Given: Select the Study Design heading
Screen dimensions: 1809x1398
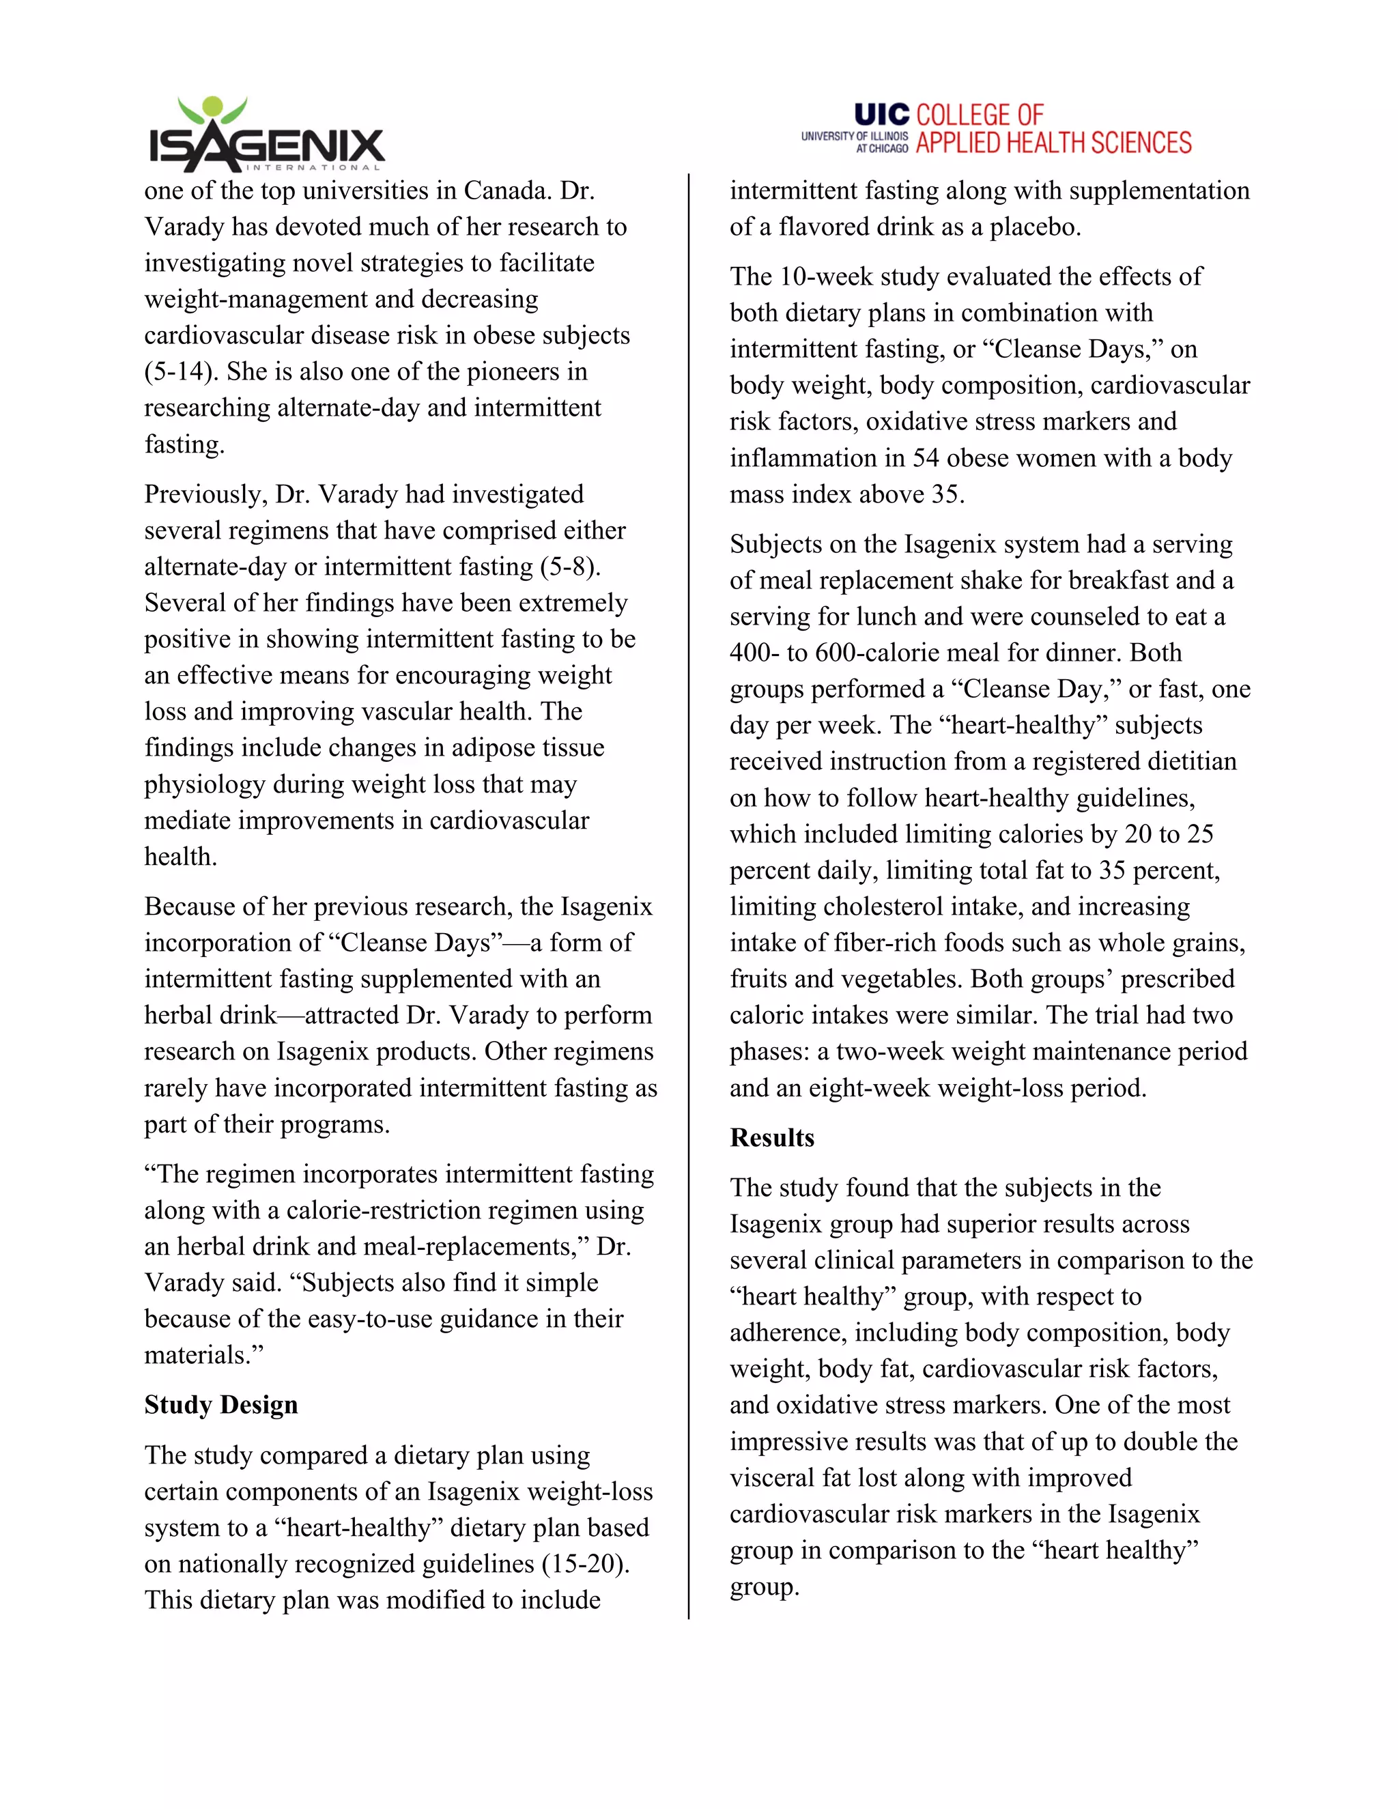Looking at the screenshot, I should (x=221, y=1405).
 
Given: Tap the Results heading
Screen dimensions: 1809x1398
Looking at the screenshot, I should (x=772, y=1137).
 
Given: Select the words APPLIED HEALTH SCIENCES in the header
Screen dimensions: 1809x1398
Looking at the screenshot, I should (x=1053, y=143).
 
